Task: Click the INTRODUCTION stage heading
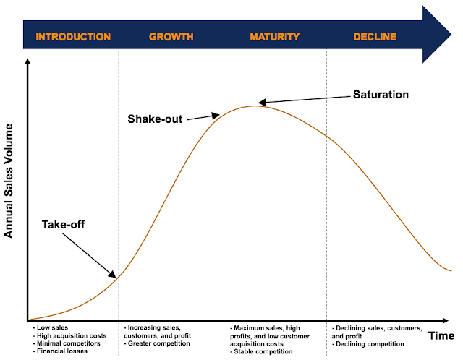click(x=73, y=37)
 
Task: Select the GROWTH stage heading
click(x=171, y=37)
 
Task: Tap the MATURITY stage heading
click(x=275, y=37)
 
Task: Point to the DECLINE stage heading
click(x=375, y=37)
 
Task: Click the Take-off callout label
click(x=63, y=225)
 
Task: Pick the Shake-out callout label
click(x=155, y=119)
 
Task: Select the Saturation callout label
click(x=381, y=95)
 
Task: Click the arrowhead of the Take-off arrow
click(x=113, y=274)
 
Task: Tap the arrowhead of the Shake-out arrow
click(x=216, y=116)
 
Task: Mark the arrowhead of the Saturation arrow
click(x=262, y=103)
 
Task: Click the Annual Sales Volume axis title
click(x=9, y=181)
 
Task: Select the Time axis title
click(x=441, y=336)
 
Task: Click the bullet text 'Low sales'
click(x=51, y=327)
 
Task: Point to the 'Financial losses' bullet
click(x=60, y=351)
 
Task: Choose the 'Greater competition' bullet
click(x=157, y=343)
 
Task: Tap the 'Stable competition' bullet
click(x=261, y=352)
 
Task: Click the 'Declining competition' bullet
click(x=368, y=344)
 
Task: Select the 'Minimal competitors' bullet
click(x=67, y=343)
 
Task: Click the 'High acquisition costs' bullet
click(x=69, y=336)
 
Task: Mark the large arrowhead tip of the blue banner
click(x=451, y=35)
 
